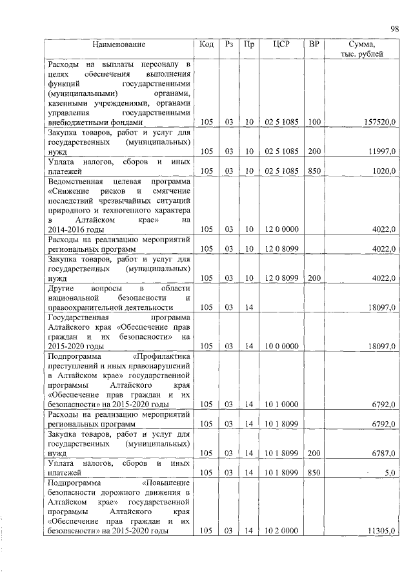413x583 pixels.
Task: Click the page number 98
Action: [395, 28]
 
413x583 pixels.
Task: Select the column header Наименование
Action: [118, 44]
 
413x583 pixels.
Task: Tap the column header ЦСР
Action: [281, 44]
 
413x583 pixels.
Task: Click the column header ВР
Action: [314, 44]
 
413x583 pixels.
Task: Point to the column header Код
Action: [206, 44]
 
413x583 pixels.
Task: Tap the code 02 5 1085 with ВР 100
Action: [281, 122]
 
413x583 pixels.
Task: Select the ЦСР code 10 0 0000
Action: [281, 346]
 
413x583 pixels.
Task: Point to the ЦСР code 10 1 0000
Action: [281, 405]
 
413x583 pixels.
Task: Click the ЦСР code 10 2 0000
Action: [281, 531]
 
